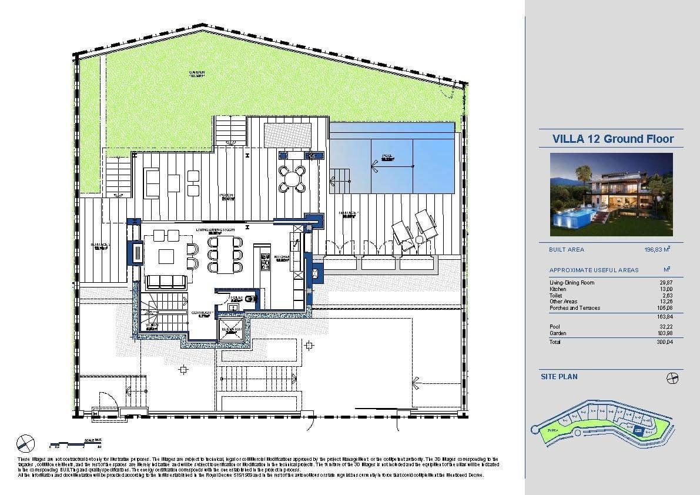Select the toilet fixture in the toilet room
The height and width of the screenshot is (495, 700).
click(252, 299)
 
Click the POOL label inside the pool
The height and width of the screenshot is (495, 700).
click(387, 158)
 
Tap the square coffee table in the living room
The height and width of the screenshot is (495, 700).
click(166, 256)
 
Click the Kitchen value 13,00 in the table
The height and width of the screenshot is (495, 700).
click(666, 289)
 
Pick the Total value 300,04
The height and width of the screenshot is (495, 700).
click(665, 342)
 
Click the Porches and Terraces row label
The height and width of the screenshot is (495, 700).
click(575, 308)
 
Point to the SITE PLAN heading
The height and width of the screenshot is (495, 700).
click(559, 376)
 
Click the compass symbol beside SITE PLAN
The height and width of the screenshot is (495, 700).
click(673, 378)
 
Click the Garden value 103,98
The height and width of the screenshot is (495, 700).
click(665, 333)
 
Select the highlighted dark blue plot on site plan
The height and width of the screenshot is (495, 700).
click(638, 430)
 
